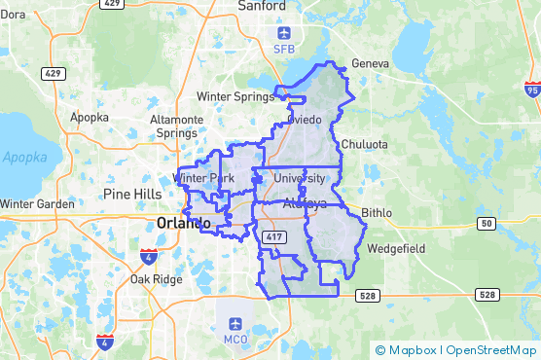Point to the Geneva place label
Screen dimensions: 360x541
(370, 64)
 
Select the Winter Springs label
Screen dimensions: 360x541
(235, 96)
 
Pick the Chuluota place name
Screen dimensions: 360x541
(365, 144)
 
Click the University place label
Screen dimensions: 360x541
(300, 178)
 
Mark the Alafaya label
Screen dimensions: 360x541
(306, 204)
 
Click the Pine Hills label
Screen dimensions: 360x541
(132, 194)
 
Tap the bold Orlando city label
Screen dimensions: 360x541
(184, 224)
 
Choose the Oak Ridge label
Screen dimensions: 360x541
(156, 279)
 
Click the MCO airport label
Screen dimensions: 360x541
(235, 340)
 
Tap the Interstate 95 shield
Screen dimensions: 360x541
(531, 90)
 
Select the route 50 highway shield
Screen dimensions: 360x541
(484, 224)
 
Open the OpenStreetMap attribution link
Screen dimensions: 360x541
(492, 350)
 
